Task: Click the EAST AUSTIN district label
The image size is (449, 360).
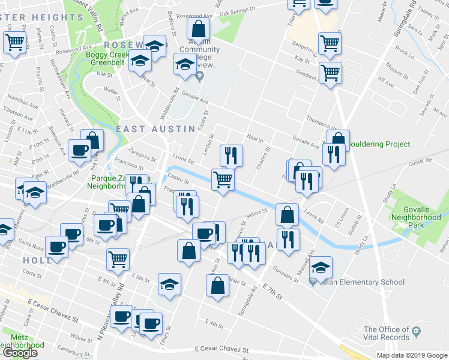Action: (155, 129)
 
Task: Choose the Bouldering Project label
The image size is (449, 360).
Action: (379, 144)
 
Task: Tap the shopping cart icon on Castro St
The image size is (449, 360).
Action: (223, 179)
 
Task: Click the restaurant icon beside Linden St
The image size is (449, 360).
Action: (231, 156)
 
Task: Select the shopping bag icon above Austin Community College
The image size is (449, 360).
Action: (197, 28)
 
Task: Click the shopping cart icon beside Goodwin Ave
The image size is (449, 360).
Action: (330, 74)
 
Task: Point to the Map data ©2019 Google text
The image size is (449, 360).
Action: (411, 355)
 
